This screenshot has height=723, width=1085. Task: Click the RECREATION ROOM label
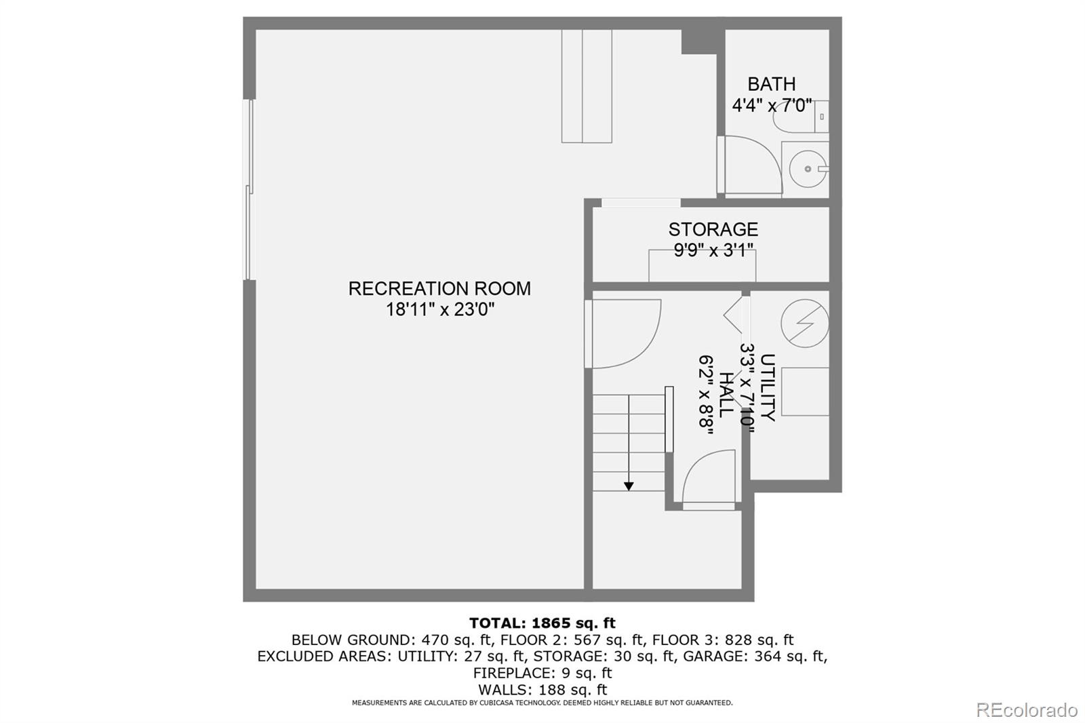439,288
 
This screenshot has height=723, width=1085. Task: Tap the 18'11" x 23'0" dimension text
439,310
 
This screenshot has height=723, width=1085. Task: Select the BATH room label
771,84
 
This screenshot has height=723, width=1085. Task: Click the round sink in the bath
808,169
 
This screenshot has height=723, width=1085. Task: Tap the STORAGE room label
713,229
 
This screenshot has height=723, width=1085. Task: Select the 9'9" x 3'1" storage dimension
713,251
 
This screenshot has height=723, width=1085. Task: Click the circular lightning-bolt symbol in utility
804,324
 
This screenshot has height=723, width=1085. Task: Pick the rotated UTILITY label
767,387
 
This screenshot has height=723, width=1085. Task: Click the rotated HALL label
725,394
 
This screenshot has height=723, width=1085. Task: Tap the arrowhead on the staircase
629,486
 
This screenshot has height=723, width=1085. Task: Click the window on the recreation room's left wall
250,190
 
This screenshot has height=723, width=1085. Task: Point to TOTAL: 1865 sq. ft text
542,623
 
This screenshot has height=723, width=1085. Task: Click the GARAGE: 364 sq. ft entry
754,656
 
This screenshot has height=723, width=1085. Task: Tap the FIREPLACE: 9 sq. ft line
542,673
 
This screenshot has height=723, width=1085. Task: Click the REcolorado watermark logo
1027,710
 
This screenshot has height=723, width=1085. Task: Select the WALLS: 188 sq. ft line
542,690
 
